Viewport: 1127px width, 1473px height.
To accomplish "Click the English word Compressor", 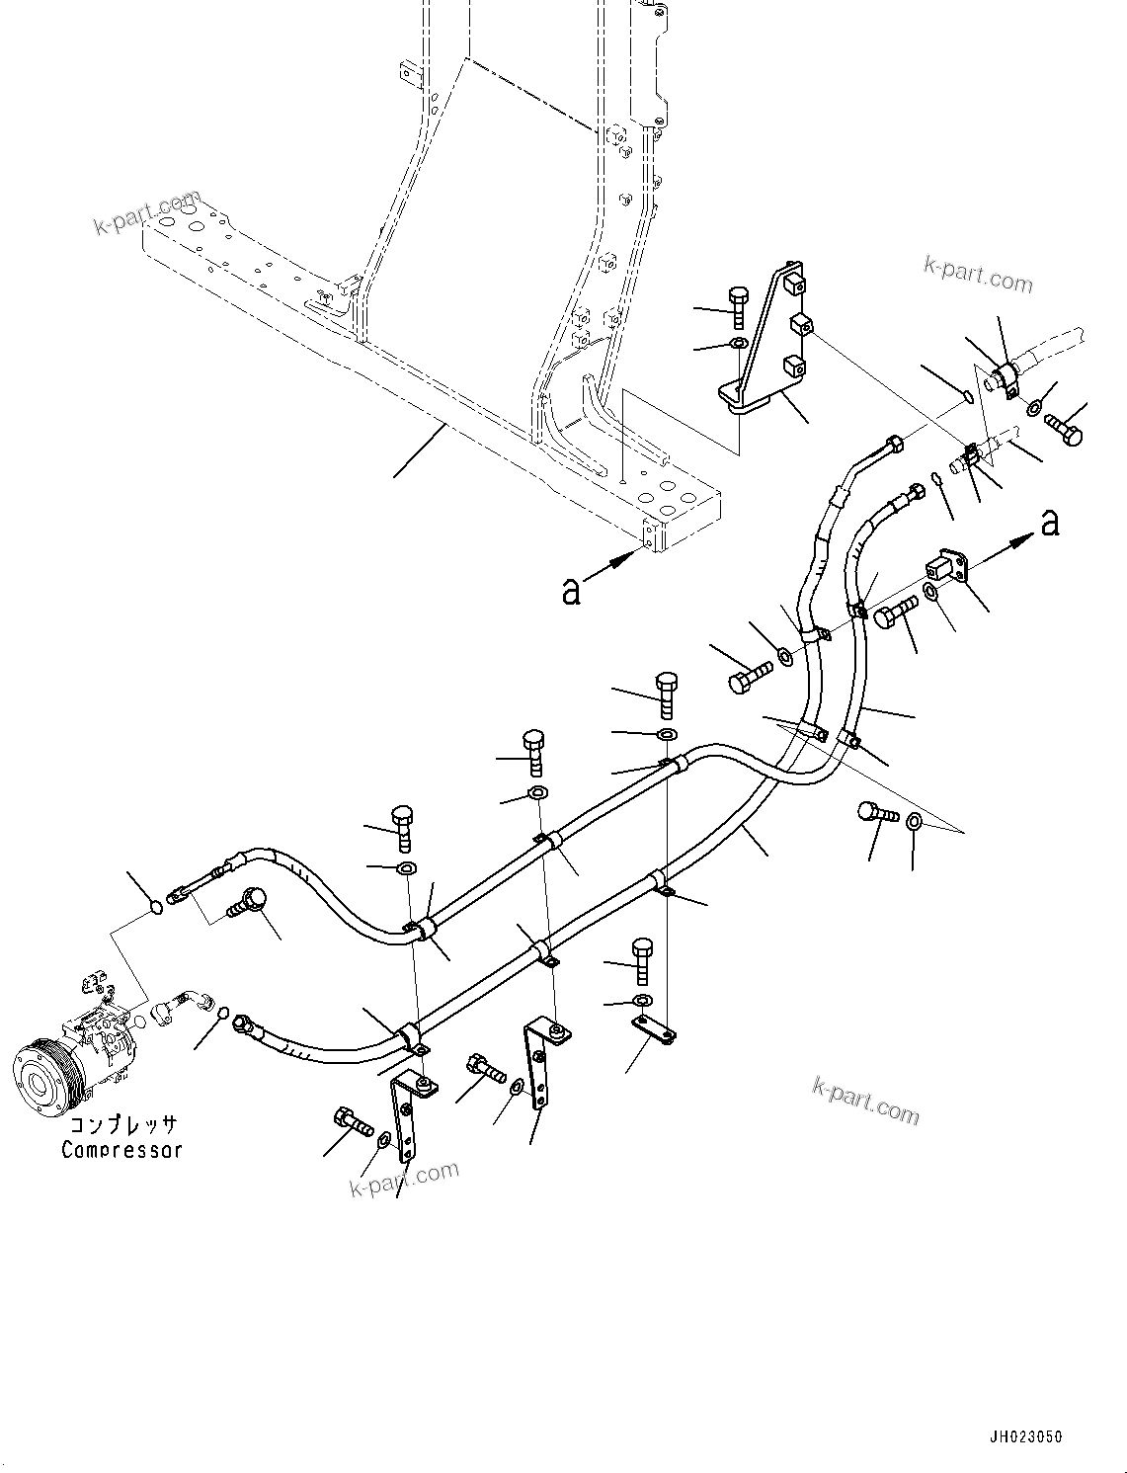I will (121, 1150).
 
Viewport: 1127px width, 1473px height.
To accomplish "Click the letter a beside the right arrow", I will (1050, 521).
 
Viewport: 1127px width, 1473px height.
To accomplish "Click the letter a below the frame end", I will (571, 590).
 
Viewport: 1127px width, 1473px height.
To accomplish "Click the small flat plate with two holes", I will (653, 1029).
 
